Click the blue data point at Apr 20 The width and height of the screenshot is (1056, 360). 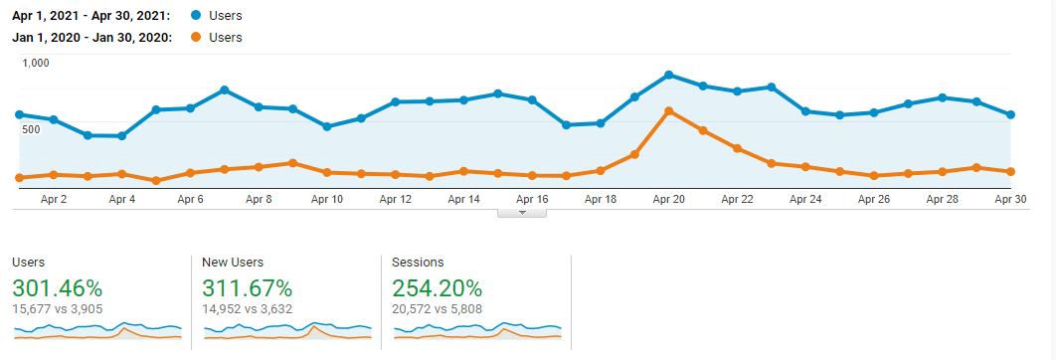pyautogui.click(x=668, y=75)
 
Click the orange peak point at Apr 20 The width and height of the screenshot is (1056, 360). pyautogui.click(x=668, y=110)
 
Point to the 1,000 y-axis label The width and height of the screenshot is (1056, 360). pyautogui.click(x=36, y=63)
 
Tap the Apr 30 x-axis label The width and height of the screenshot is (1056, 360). pyautogui.click(x=1010, y=199)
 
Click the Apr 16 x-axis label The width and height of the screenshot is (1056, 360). pyautogui.click(x=532, y=199)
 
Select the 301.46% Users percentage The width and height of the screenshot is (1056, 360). pyautogui.click(x=57, y=288)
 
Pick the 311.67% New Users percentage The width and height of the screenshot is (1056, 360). pyautogui.click(x=247, y=288)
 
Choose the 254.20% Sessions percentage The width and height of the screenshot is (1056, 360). pyautogui.click(x=438, y=288)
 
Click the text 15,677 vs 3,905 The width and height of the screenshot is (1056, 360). pyautogui.click(x=59, y=308)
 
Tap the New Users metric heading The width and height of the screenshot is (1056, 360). pyautogui.click(x=232, y=263)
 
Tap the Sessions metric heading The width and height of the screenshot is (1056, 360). pyautogui.click(x=418, y=263)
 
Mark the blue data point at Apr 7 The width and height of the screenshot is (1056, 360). pyautogui.click(x=225, y=90)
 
